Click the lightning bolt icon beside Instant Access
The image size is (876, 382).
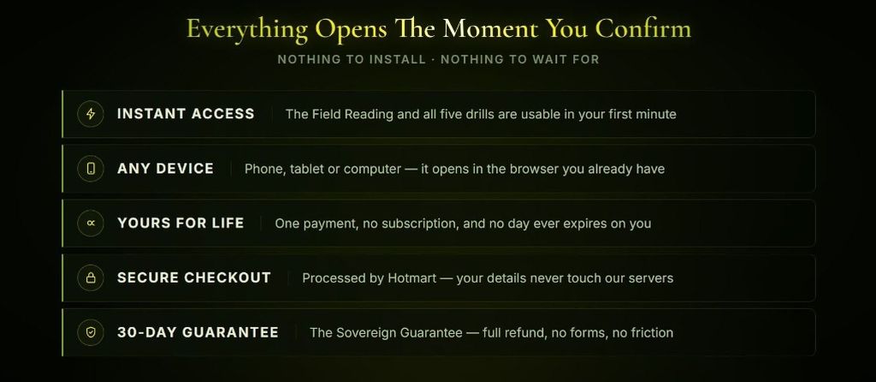91,114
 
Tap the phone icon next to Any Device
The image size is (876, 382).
91,169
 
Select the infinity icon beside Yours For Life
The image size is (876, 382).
91,224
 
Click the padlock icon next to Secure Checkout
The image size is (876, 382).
91,278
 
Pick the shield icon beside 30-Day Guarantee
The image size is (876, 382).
91,333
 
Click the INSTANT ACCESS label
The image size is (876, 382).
186,114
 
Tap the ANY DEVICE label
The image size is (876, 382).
165,169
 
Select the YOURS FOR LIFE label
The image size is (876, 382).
181,224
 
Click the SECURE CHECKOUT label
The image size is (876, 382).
194,278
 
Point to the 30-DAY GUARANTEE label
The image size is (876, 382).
198,333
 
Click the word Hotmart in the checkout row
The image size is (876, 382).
411,278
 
